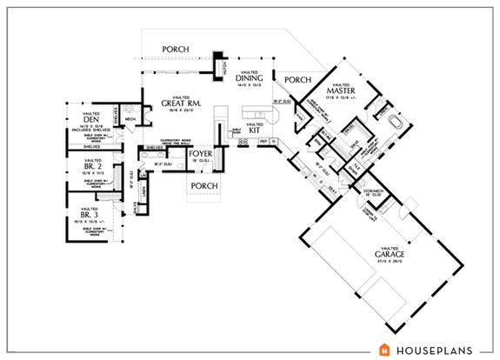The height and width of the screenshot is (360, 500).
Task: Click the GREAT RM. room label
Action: (181, 104)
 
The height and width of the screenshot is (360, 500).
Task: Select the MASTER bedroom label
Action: (337, 90)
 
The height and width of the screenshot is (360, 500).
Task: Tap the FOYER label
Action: (202, 155)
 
